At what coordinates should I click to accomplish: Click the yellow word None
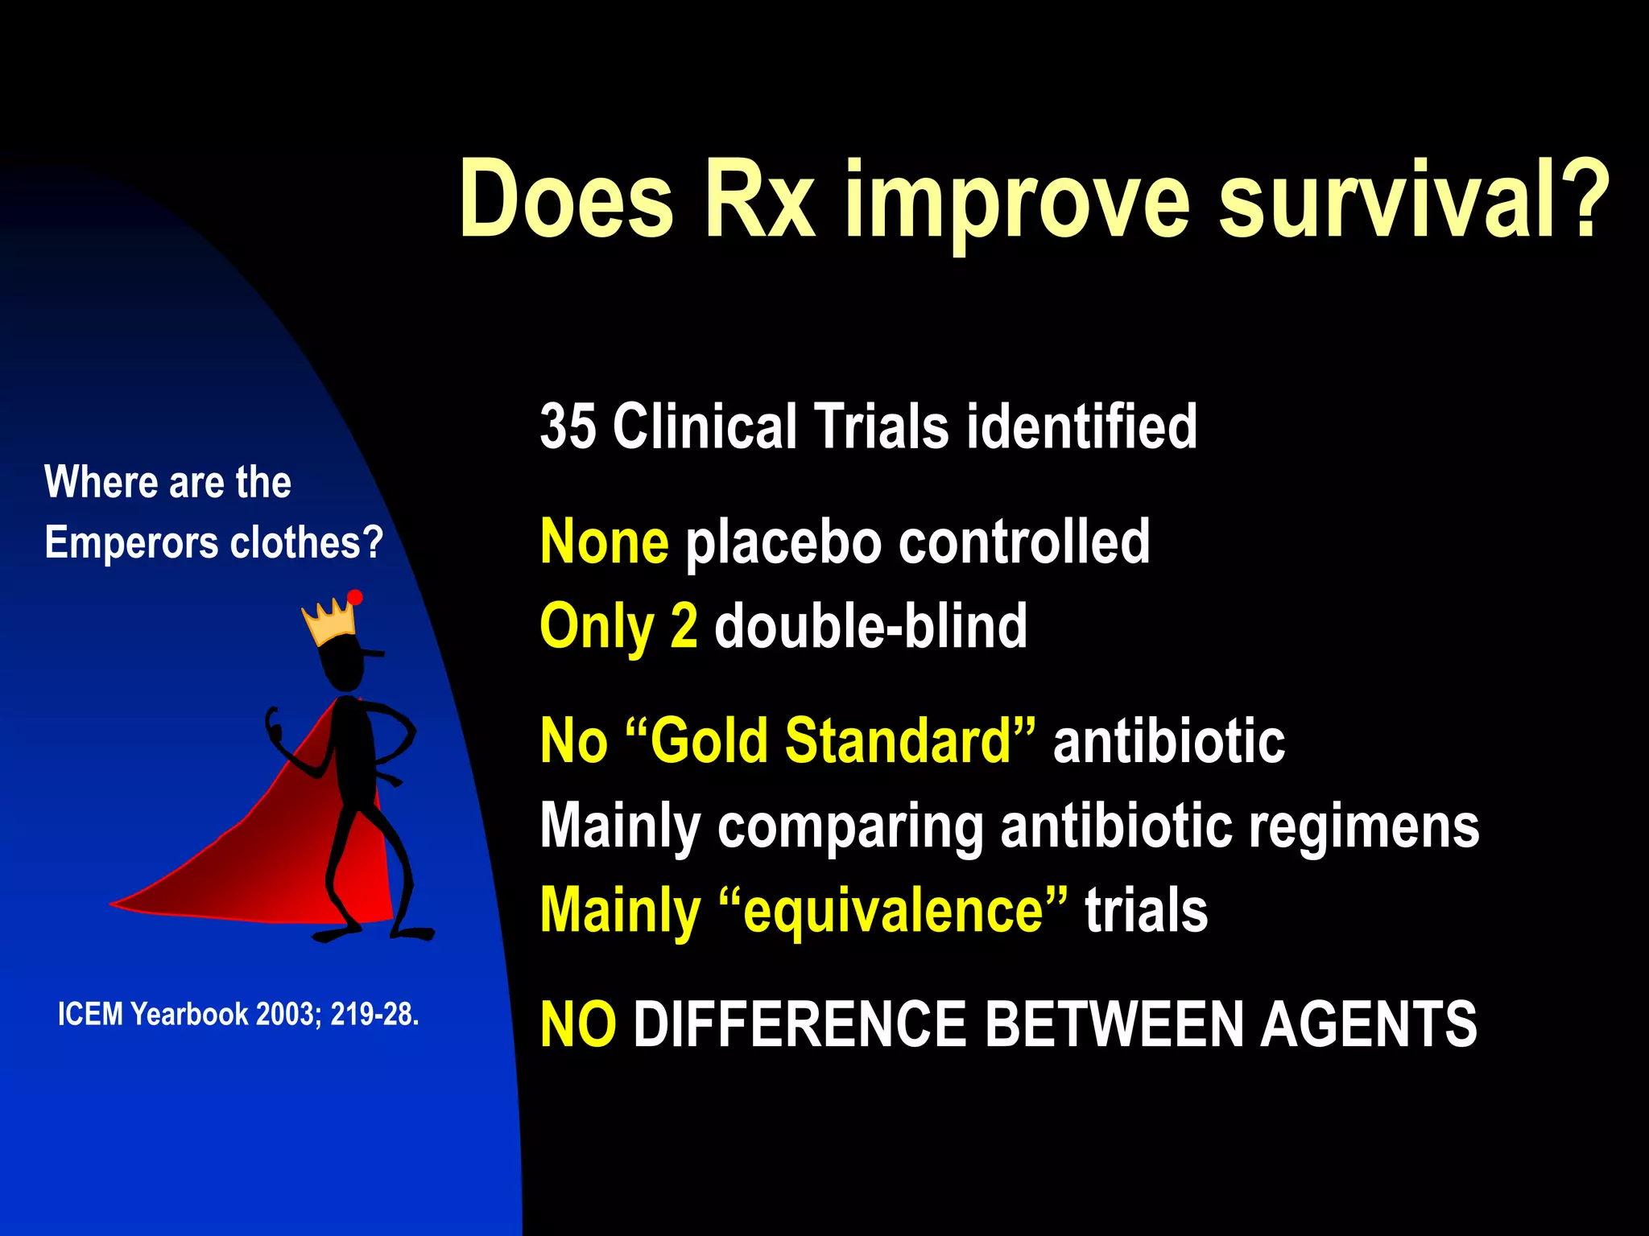(x=604, y=542)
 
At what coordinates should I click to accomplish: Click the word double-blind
(x=870, y=626)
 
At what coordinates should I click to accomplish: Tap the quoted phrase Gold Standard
(x=829, y=740)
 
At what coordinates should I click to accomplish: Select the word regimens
(x=1363, y=826)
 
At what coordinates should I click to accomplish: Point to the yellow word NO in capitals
(x=578, y=1024)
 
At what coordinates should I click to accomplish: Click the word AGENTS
(x=1368, y=1024)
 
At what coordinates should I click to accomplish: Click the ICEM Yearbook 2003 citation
(x=238, y=1014)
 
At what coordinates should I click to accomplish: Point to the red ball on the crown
(x=355, y=597)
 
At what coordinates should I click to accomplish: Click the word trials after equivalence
(x=1146, y=911)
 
